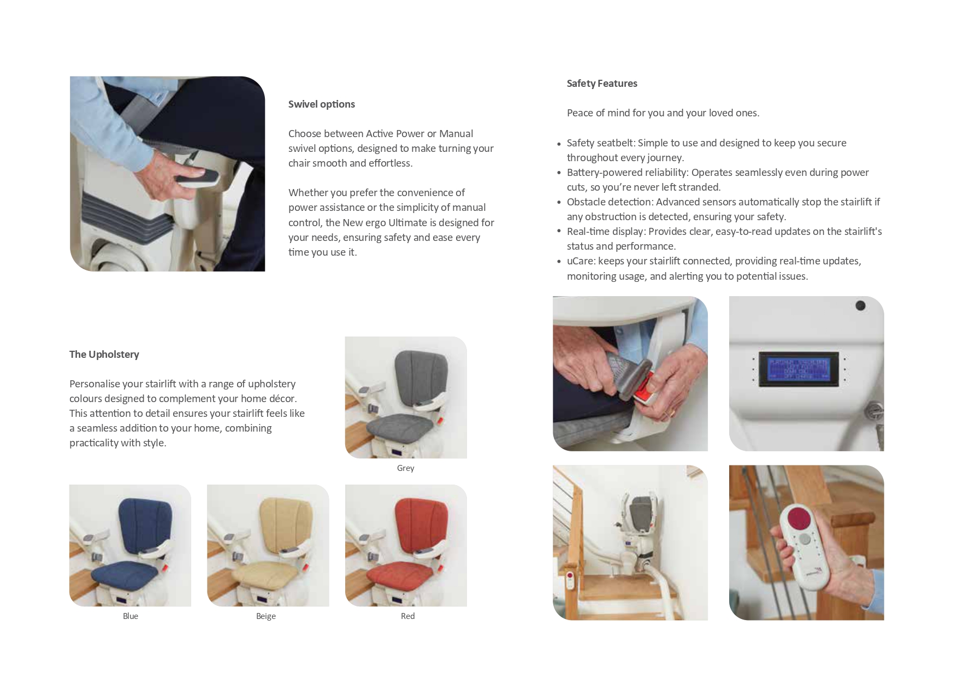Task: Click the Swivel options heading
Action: point(321,104)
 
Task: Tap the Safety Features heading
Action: point(601,84)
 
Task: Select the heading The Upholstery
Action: point(104,355)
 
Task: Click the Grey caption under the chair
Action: point(405,468)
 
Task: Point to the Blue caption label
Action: point(130,616)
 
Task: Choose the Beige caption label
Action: point(265,616)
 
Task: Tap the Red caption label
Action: point(407,616)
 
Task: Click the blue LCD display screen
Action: point(798,369)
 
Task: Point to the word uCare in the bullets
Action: point(580,261)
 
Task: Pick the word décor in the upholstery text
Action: point(282,399)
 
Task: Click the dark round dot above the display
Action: point(860,306)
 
